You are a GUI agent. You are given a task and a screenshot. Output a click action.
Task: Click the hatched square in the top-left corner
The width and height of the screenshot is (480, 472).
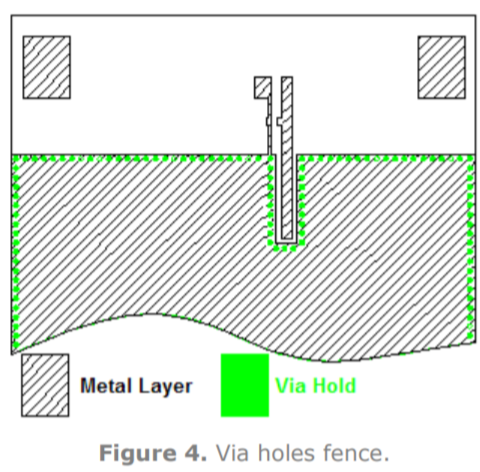[x=47, y=67]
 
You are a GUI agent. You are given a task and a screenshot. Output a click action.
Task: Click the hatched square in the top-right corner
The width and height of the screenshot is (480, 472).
[x=442, y=67]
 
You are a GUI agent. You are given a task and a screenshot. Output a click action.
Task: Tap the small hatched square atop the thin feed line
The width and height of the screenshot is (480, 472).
[x=263, y=88]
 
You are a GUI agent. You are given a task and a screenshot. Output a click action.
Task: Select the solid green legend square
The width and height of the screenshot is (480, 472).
[x=245, y=385]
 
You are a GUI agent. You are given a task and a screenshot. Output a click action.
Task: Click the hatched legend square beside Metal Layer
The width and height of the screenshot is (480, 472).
[x=45, y=385]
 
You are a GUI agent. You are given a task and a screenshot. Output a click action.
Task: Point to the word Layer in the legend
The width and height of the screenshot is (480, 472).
[x=165, y=387]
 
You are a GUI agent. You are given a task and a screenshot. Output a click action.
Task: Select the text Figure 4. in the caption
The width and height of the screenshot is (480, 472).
[x=153, y=453]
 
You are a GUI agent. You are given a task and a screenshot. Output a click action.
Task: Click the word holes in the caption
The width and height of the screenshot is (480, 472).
[x=286, y=453]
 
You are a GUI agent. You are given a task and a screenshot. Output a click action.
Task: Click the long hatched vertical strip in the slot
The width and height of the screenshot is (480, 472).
[x=287, y=158]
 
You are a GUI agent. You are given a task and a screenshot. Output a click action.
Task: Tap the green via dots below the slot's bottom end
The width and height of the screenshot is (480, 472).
[x=287, y=248]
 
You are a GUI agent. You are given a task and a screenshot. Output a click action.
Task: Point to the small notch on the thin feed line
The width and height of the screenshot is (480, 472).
[x=268, y=121]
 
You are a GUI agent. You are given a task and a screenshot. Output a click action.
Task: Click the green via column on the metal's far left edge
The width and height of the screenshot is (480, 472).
[x=15, y=252]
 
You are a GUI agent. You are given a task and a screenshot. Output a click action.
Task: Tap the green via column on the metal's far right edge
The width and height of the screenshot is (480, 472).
[x=470, y=250]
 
